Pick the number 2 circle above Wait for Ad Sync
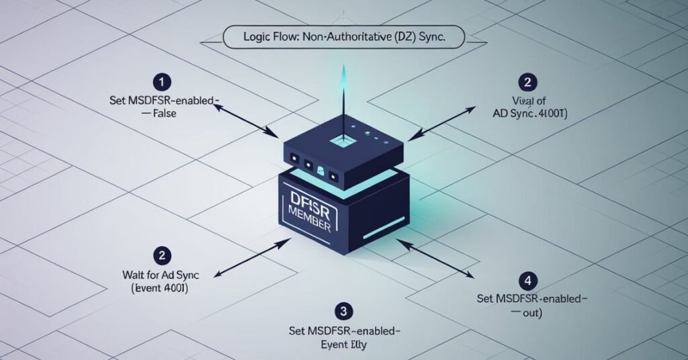(162, 255)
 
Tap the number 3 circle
(343, 310)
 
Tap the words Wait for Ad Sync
(159, 275)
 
